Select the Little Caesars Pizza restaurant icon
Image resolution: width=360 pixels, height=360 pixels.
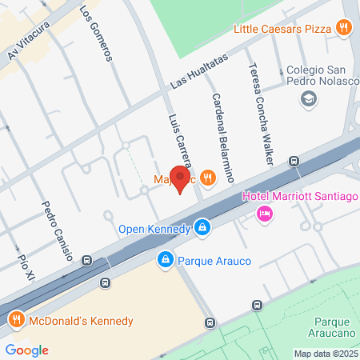(x=345, y=29)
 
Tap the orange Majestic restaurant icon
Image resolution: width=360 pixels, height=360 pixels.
(x=208, y=178)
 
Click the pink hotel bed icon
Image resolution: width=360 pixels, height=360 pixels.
(x=263, y=214)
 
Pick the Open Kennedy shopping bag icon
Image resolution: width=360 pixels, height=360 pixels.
(x=204, y=229)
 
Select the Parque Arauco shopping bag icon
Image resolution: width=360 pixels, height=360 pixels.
(x=165, y=260)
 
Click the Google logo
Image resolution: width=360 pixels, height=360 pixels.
(x=26, y=350)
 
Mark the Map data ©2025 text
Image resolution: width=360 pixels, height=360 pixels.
(x=325, y=354)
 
